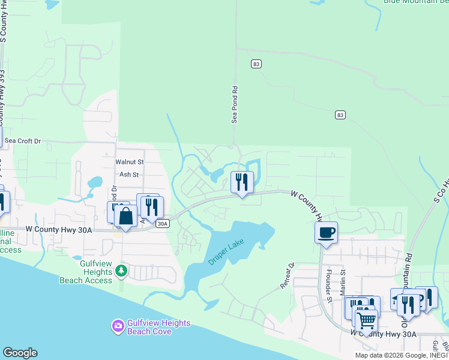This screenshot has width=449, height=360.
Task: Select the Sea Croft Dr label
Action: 22,141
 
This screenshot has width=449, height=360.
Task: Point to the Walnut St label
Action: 130,162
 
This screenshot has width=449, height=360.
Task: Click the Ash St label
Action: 129,175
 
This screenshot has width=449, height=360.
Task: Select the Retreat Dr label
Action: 288,275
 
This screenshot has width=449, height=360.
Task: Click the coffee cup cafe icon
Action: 326,232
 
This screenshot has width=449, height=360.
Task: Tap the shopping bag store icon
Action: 125,216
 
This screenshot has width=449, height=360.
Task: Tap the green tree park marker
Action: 122,270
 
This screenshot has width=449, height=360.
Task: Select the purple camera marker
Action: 118,326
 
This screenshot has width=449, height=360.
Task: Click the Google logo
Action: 20,353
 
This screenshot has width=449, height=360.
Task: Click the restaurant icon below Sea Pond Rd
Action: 242,182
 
